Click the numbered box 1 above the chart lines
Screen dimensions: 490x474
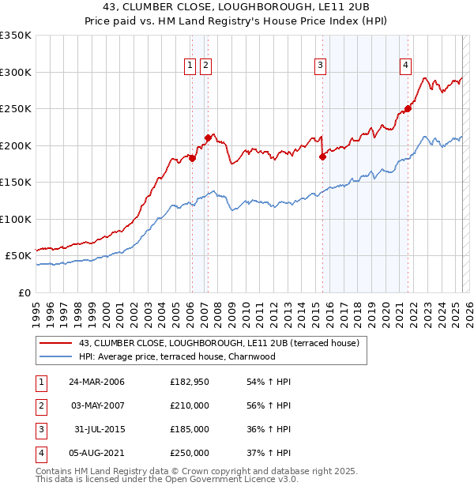pos(190,66)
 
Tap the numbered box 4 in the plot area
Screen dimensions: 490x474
pos(405,66)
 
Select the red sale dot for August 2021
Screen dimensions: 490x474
pos(408,109)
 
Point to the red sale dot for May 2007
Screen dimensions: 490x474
pos(208,138)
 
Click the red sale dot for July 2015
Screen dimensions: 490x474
pos(322,156)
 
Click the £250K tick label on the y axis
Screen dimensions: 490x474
pos(15,109)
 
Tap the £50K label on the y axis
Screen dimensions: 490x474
pos(18,256)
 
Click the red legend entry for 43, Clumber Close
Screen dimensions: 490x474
pos(220,343)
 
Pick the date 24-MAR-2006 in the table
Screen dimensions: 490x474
pos(96,383)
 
